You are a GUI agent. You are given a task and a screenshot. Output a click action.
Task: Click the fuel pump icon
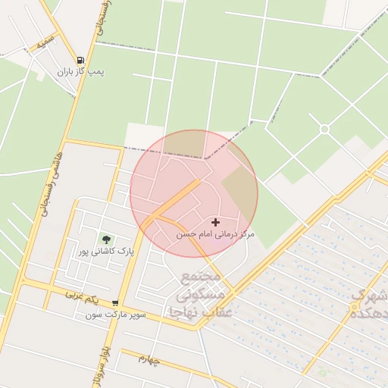click(80, 60)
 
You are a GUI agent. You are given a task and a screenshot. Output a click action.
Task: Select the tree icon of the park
click(105, 239)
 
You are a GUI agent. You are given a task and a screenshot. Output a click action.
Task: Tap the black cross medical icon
click(216, 223)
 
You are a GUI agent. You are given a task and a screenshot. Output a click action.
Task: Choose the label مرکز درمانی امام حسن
click(215, 235)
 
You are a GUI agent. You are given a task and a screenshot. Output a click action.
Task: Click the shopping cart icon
click(114, 302)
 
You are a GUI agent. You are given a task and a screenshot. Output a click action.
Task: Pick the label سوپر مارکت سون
click(114, 314)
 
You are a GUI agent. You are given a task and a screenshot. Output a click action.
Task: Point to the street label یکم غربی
click(83, 294)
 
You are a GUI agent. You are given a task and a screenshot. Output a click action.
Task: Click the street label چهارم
click(149, 358)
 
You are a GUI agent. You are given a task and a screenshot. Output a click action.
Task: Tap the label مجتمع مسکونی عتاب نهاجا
click(206, 293)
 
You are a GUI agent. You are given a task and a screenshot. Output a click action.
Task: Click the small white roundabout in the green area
click(324, 129)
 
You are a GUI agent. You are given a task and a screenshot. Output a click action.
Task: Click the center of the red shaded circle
click(194, 193)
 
